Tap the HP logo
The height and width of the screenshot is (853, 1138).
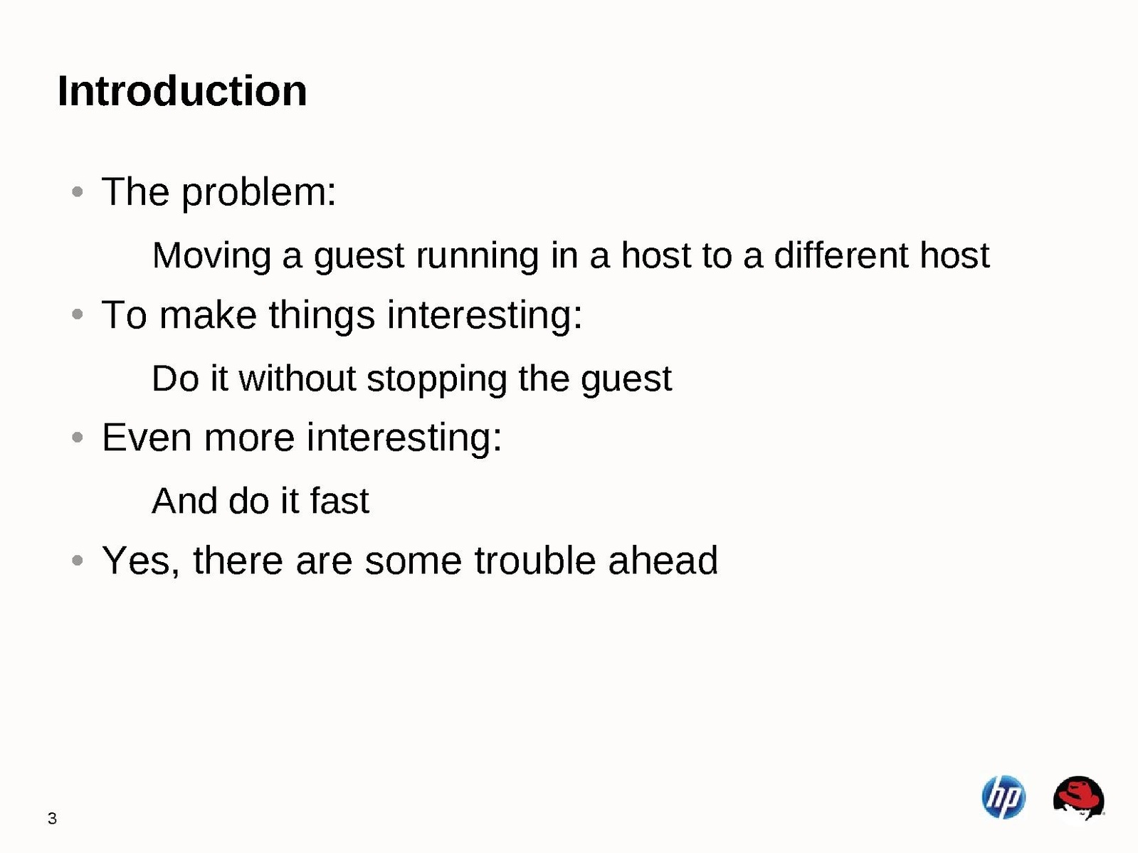pyautogui.click(x=1003, y=797)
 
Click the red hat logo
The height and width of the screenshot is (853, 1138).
pyautogui.click(x=1079, y=798)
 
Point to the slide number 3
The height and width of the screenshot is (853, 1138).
pyautogui.click(x=52, y=818)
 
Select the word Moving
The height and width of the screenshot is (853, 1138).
pyautogui.click(x=211, y=257)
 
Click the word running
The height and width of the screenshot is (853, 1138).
pyautogui.click(x=478, y=257)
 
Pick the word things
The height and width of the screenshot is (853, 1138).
pyautogui.click(x=322, y=316)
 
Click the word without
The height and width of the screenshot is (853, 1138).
pyautogui.click(x=297, y=378)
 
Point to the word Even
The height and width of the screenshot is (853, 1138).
pyautogui.click(x=147, y=438)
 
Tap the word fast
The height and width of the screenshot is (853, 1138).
pyautogui.click(x=339, y=501)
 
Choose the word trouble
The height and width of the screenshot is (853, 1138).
pyautogui.click(x=535, y=560)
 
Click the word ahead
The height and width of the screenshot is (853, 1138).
pyautogui.click(x=663, y=560)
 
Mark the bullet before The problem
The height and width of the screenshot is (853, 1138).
pyautogui.click(x=78, y=192)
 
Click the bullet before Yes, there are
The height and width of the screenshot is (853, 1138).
pyautogui.click(x=78, y=560)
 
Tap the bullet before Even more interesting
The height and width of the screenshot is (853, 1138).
pyautogui.click(x=78, y=438)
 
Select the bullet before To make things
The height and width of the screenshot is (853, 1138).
pyautogui.click(x=78, y=314)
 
